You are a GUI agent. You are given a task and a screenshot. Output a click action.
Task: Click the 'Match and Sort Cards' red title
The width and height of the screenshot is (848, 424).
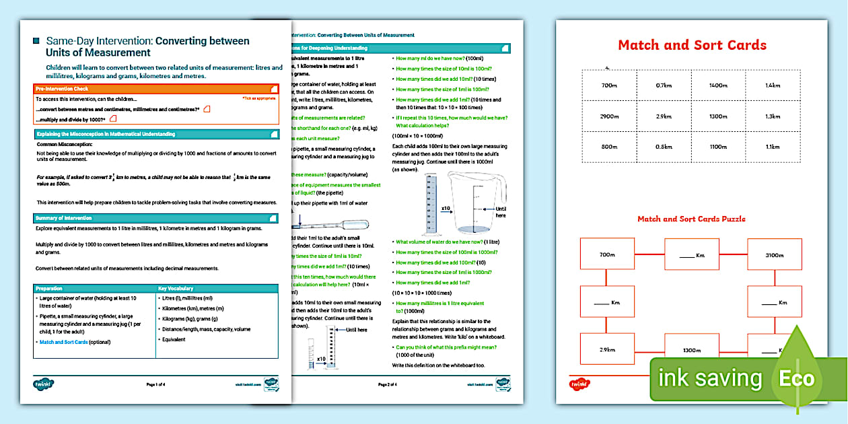pos(692,45)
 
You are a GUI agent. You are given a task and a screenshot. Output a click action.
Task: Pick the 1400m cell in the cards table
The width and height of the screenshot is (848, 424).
pos(718,85)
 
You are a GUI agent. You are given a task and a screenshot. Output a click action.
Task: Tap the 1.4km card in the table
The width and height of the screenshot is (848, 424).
pos(773,85)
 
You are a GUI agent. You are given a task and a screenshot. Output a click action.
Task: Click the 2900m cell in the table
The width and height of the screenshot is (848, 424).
pos(610,116)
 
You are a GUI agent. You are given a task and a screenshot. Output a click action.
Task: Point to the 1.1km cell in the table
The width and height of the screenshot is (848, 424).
pos(773,147)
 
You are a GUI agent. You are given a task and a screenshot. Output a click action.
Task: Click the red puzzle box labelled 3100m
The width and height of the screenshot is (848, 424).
pos(774,255)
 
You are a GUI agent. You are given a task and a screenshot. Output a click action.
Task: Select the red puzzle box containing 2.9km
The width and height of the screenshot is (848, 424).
pos(607,350)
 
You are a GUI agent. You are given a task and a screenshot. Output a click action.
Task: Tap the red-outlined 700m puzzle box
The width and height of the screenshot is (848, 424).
pos(607,255)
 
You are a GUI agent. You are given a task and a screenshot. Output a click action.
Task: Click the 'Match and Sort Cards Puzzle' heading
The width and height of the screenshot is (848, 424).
pos(691,219)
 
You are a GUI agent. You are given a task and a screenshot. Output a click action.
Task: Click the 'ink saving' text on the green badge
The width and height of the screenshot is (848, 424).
pos(710,378)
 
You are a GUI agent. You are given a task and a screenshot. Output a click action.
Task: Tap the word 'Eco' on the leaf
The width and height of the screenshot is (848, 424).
pos(796,378)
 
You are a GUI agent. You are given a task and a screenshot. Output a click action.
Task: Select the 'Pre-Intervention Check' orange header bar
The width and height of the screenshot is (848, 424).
pos(156,88)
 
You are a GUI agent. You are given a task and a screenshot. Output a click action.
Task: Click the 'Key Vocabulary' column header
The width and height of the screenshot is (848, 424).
pos(176,288)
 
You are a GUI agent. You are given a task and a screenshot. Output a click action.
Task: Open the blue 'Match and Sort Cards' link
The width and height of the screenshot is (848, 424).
pos(66,342)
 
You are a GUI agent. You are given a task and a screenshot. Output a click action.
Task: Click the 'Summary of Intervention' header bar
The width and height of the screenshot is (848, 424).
pos(156,218)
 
